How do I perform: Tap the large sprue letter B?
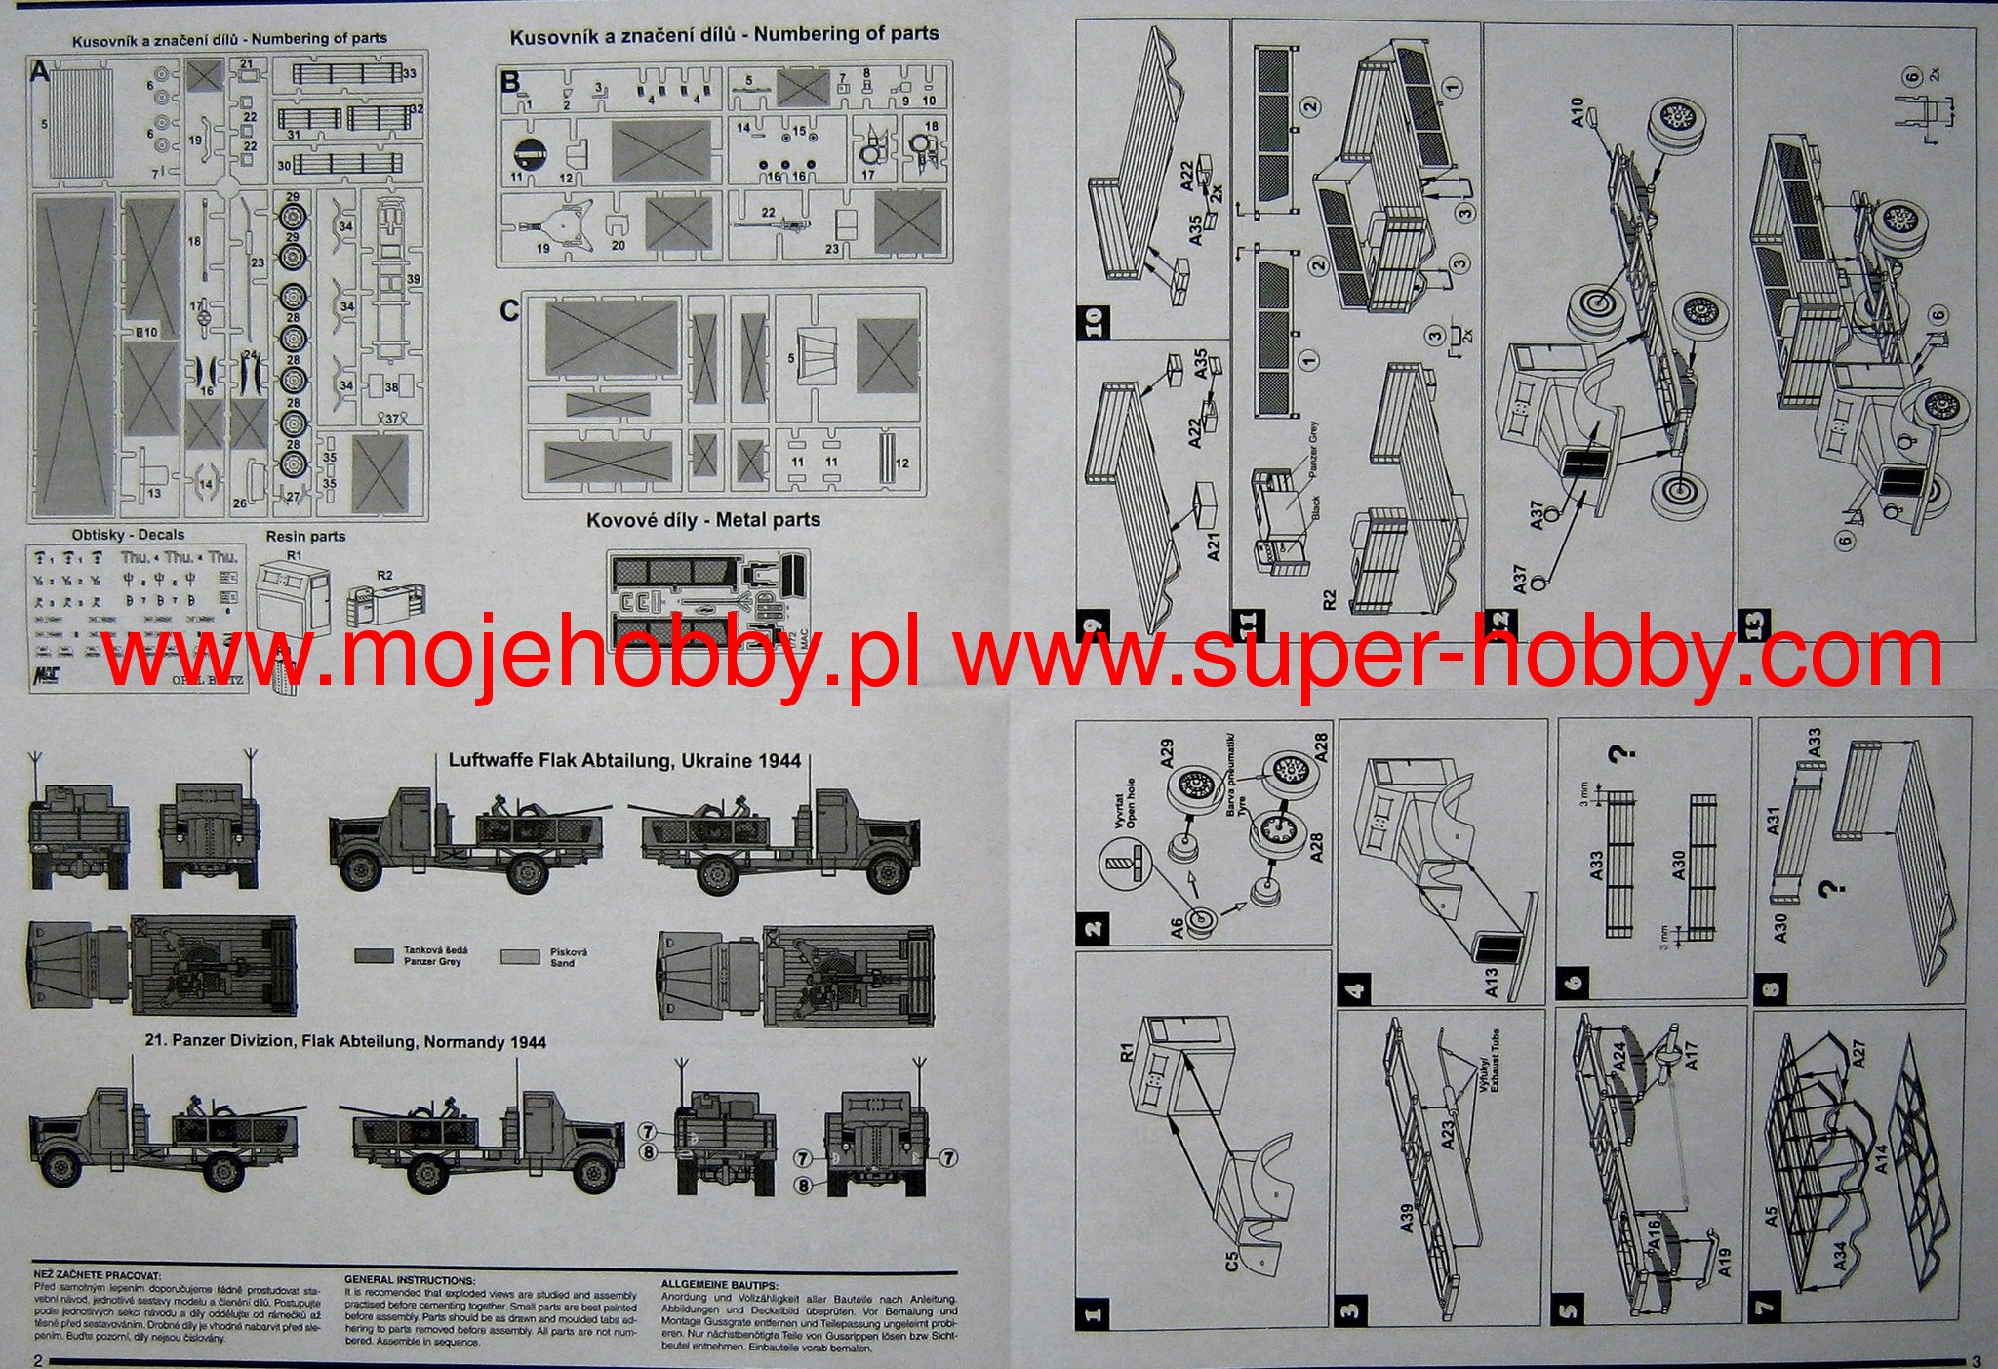(x=509, y=82)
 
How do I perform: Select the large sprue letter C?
(x=509, y=310)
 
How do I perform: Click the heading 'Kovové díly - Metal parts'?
(x=702, y=520)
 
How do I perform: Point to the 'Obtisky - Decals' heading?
(x=128, y=535)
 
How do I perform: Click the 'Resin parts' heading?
(x=305, y=536)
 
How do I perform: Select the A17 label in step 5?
(x=1692, y=1055)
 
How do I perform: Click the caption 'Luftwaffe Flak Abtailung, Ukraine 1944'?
(x=624, y=760)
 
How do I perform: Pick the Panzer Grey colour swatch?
(x=374, y=955)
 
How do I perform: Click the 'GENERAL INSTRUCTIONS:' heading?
(x=410, y=1280)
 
